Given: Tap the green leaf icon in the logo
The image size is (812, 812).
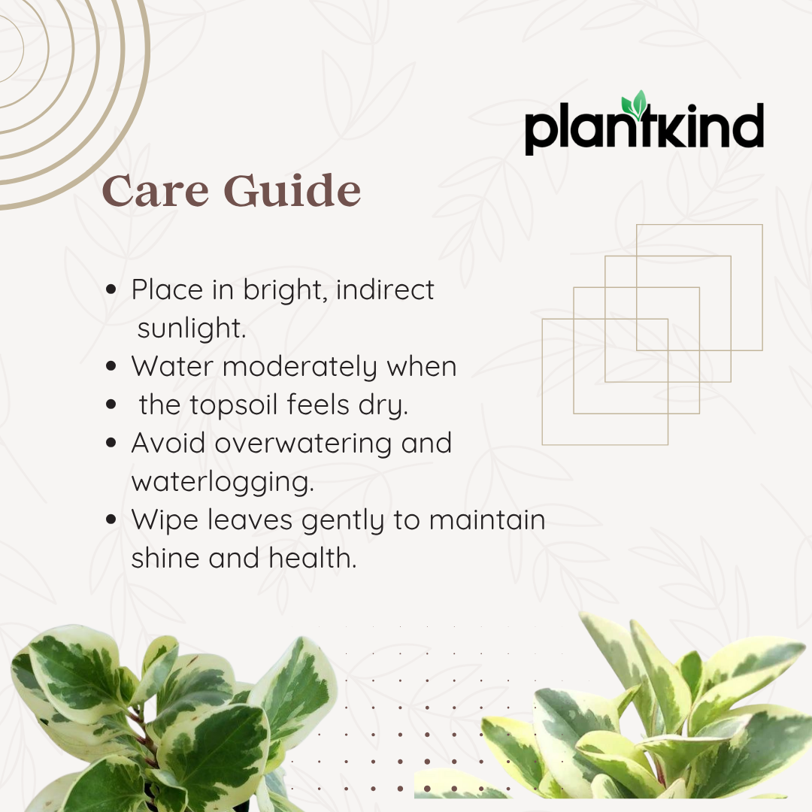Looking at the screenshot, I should pyautogui.click(x=638, y=105).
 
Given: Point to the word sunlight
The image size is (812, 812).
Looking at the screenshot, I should pyautogui.click(x=191, y=329).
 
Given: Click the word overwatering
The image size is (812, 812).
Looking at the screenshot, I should pyautogui.click(x=303, y=444).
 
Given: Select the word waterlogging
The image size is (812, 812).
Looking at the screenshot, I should pyautogui.click(x=222, y=483).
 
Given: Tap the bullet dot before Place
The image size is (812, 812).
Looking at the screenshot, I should pyautogui.click(x=111, y=290).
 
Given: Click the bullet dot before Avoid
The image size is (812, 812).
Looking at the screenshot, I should pyautogui.click(x=111, y=444).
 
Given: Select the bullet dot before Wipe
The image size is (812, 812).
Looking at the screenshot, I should pyautogui.click(x=111, y=520).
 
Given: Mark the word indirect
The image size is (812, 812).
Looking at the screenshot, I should pyautogui.click(x=385, y=290).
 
